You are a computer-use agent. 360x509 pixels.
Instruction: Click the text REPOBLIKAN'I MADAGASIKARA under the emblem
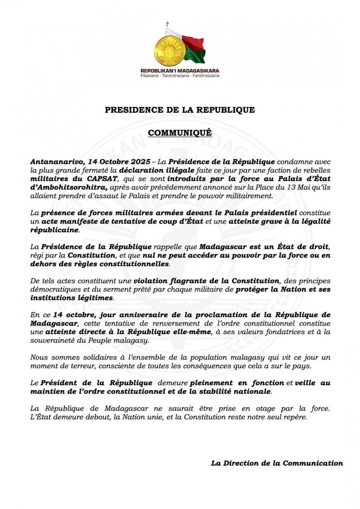coord(180,71)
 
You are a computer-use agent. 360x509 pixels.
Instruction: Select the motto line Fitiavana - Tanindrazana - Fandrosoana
coord(180,76)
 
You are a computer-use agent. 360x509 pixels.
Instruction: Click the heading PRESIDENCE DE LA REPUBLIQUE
coord(180,110)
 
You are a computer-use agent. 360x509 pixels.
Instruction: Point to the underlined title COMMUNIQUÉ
coord(180,133)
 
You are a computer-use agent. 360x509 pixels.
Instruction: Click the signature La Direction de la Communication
coord(277,463)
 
